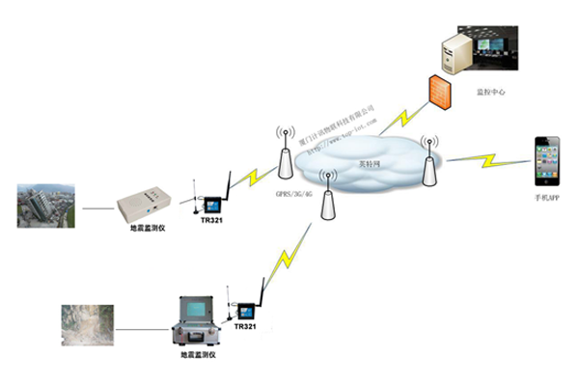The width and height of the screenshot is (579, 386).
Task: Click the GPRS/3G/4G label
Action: [x=289, y=194]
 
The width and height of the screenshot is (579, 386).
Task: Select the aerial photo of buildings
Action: [x=45, y=206]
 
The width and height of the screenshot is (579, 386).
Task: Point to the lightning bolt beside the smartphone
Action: [x=488, y=157]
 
